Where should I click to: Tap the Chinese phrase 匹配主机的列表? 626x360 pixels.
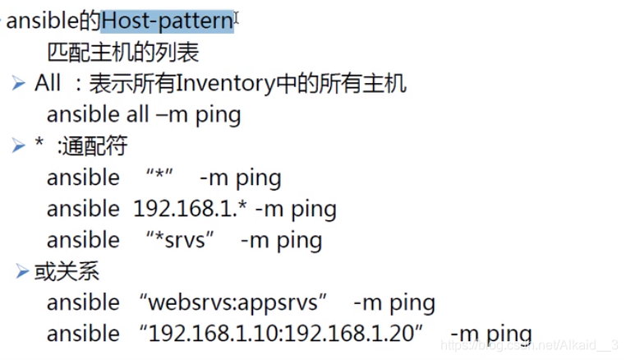(x=122, y=53)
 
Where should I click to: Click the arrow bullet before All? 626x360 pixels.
(x=19, y=84)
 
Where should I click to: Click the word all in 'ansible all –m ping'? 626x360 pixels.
(x=137, y=114)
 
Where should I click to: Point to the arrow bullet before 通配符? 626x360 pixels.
(x=19, y=146)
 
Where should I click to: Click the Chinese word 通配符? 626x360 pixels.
(x=94, y=146)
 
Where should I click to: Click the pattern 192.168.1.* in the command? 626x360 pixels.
(x=191, y=209)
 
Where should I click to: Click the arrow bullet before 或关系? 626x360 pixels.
(x=22, y=271)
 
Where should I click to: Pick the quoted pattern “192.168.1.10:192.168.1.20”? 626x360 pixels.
(x=282, y=334)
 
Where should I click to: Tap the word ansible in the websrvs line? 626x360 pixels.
(x=83, y=302)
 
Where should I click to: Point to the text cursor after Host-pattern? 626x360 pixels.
(x=237, y=17)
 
